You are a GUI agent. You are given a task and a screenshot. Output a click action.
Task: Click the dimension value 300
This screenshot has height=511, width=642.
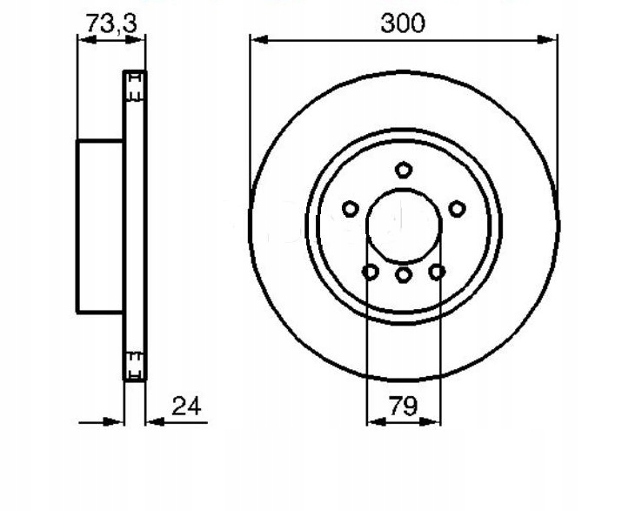click(403, 24)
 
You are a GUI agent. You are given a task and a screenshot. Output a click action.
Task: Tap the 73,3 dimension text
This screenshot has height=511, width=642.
click(111, 23)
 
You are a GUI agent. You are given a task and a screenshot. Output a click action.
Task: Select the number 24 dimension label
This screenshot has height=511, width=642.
click(187, 406)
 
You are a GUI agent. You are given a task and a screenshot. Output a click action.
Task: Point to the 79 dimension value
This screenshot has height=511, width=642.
click(404, 406)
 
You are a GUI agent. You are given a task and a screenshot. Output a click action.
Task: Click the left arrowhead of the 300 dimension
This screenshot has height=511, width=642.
click(259, 40)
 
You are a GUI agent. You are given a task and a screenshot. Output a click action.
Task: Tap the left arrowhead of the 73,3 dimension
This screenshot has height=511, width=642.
click(87, 40)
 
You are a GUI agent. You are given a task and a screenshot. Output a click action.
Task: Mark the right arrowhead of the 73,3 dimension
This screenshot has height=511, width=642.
click(135, 40)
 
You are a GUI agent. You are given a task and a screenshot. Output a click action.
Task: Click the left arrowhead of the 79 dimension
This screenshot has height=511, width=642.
click(377, 421)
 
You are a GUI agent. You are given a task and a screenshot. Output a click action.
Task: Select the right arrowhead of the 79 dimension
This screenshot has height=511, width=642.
click(431, 421)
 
